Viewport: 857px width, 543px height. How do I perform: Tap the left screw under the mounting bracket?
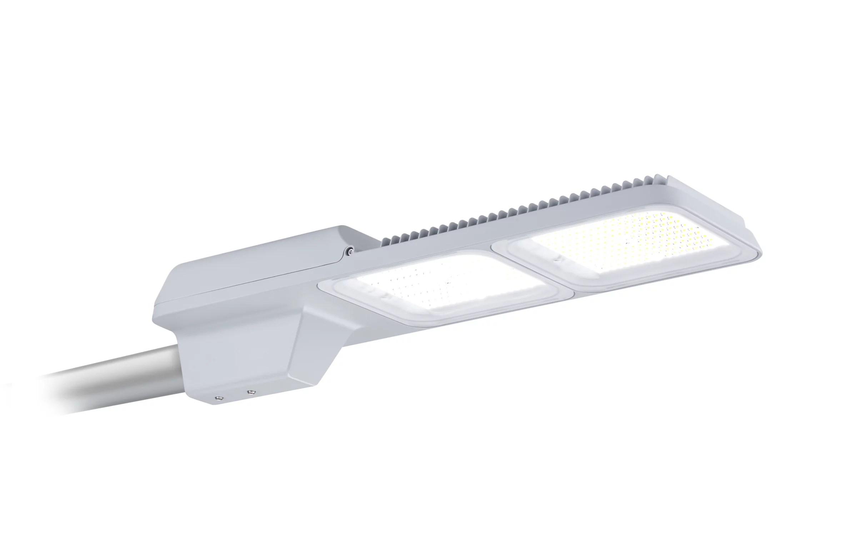point(217,397)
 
